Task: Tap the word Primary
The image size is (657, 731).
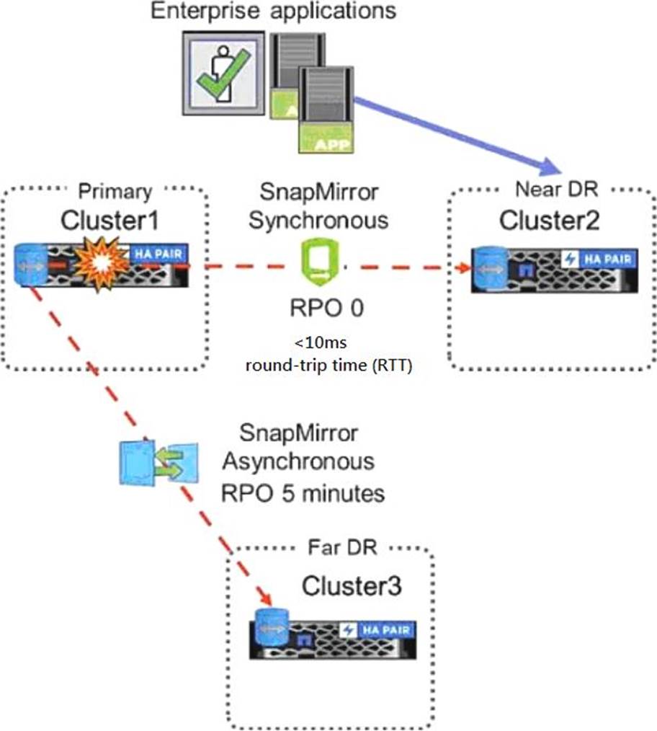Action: click(115, 192)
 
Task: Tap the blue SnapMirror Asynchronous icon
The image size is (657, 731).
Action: click(149, 463)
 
